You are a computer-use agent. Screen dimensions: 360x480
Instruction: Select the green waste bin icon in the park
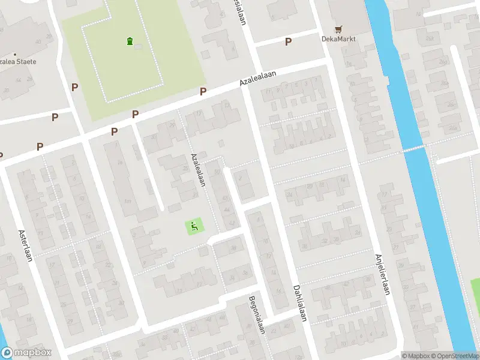130,41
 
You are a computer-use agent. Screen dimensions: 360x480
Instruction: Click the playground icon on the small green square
194,227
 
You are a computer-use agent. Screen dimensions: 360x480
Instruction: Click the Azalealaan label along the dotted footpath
199,170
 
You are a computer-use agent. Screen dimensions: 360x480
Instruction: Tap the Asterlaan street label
25,242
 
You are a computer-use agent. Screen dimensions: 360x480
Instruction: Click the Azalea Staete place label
18,62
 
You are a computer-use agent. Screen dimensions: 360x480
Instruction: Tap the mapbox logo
26,353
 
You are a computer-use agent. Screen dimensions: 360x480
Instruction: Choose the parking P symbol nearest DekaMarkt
288,41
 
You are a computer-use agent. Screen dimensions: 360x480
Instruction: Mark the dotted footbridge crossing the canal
414,148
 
